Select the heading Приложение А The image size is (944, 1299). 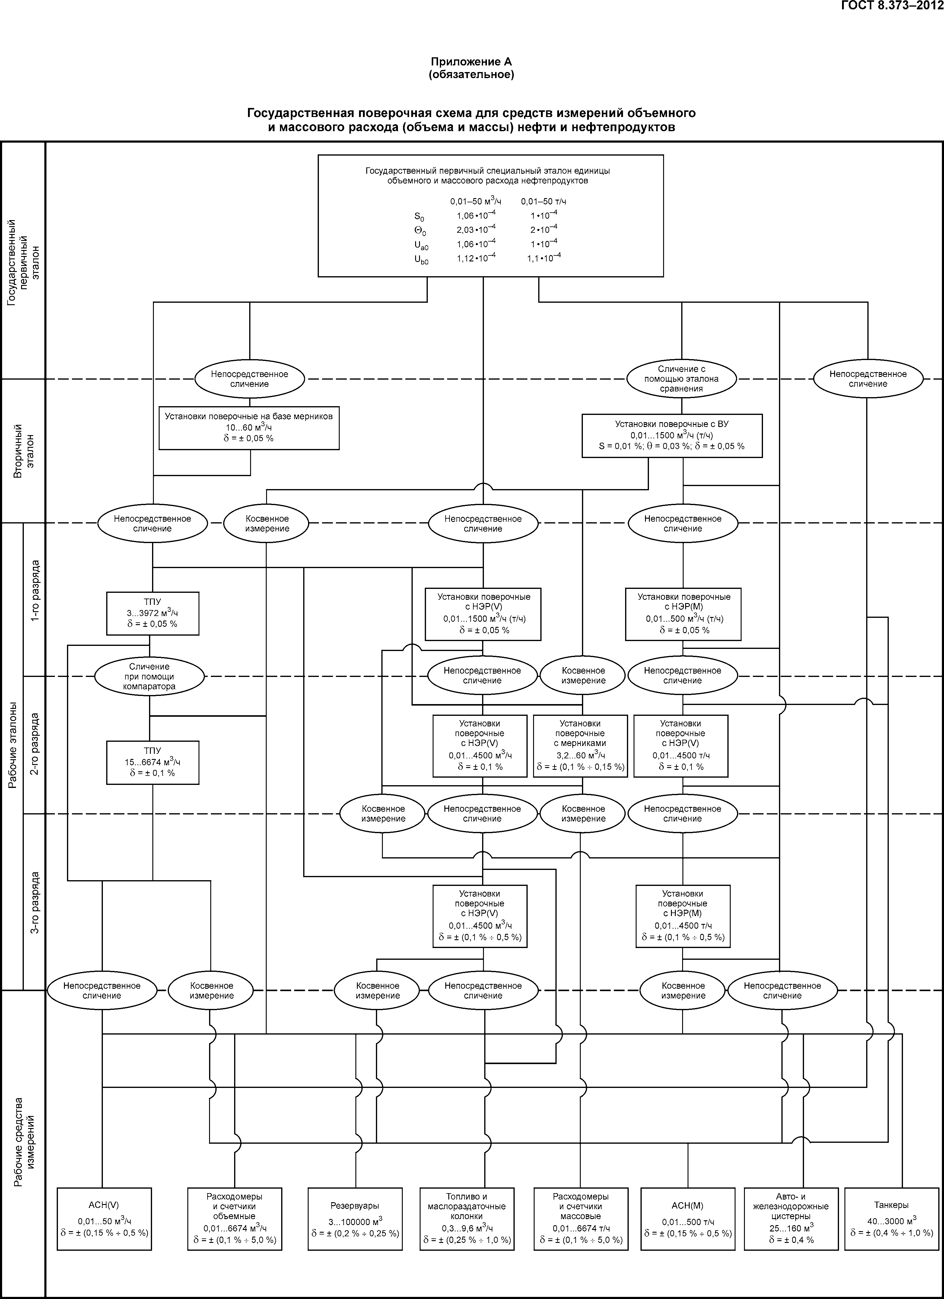471,62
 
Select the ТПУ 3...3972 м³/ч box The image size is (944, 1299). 152,613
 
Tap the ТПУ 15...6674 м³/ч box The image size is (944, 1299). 152,762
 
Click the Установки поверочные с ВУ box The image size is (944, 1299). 672,436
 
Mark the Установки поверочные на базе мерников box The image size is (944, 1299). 249,428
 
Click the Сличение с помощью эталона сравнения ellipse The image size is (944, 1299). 681,379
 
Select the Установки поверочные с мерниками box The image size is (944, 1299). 580,746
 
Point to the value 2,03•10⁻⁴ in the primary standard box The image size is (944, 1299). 476,230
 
